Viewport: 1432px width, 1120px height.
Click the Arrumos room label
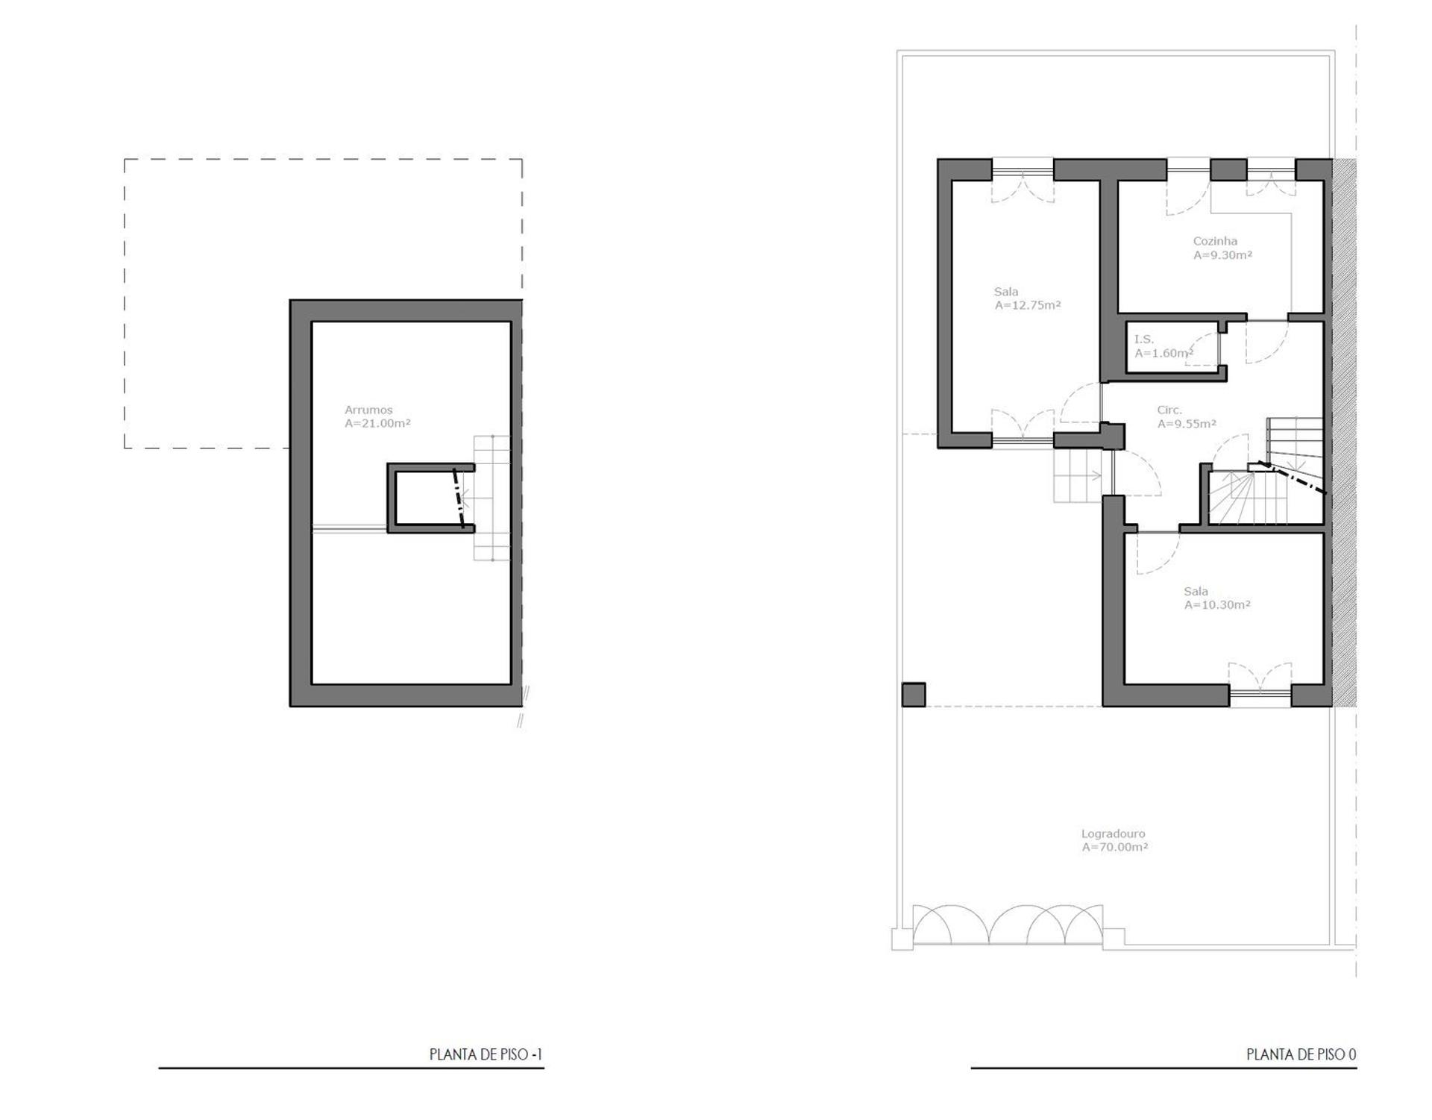(x=368, y=410)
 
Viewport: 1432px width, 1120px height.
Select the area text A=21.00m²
(x=377, y=423)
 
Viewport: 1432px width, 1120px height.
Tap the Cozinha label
(x=1215, y=241)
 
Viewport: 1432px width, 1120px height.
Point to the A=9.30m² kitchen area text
(x=1222, y=254)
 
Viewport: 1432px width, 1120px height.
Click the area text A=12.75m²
(x=1027, y=305)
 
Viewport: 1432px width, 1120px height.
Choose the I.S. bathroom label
(x=1143, y=340)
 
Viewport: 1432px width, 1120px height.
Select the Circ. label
(x=1169, y=410)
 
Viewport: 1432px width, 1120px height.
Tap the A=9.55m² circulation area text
(x=1187, y=423)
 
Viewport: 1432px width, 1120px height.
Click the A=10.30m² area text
(x=1217, y=605)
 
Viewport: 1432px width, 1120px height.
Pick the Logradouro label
(x=1113, y=833)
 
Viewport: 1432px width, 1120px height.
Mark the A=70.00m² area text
(x=1114, y=847)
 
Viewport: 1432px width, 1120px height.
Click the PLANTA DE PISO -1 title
(x=486, y=1054)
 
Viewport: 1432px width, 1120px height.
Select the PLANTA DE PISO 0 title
(x=1301, y=1054)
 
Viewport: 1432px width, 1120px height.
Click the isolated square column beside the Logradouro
(x=914, y=695)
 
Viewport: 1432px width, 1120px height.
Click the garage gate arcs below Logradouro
(x=1008, y=925)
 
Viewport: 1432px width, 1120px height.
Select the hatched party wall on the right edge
(x=1344, y=433)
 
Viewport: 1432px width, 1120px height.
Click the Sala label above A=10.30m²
(x=1196, y=592)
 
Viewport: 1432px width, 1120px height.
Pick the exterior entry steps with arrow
(x=1078, y=476)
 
